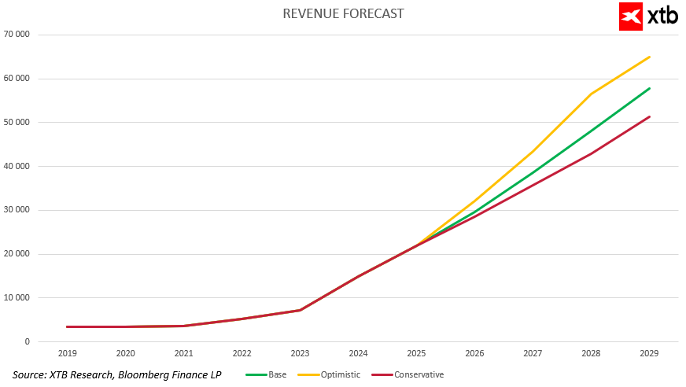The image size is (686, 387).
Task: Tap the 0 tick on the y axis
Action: tap(28, 341)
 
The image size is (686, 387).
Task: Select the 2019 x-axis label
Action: tap(68, 355)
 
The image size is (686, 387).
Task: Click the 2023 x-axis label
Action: tap(301, 355)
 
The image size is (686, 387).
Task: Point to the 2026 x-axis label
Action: tap(475, 355)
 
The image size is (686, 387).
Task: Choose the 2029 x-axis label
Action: tap(650, 355)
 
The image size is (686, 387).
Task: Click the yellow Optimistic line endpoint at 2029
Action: tap(650, 57)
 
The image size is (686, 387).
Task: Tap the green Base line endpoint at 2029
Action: tap(650, 88)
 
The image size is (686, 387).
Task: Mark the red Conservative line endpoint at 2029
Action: tap(650, 116)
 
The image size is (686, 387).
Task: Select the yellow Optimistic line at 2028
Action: tap(592, 94)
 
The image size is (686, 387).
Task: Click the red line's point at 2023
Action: tap(301, 310)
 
